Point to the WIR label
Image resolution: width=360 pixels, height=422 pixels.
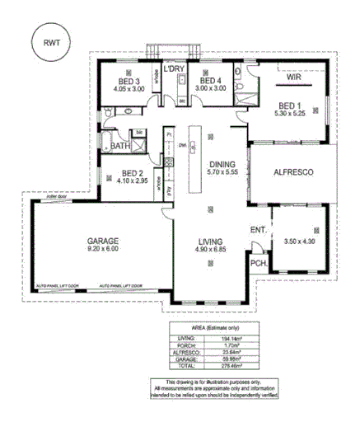click(x=293, y=77)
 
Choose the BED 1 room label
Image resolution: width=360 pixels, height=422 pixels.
click(x=289, y=105)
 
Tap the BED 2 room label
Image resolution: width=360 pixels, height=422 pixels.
click(x=125, y=174)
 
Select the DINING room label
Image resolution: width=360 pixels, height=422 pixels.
click(x=222, y=164)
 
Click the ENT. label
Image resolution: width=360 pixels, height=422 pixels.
click(x=257, y=229)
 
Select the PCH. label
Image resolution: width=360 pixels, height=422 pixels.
click(x=258, y=264)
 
